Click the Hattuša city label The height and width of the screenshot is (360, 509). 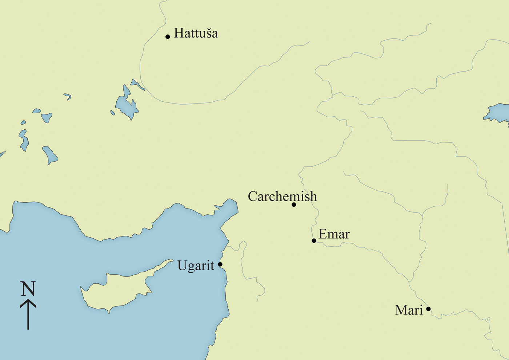point(196,33)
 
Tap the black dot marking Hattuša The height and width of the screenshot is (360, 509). point(168,37)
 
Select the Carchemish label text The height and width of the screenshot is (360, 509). point(282,197)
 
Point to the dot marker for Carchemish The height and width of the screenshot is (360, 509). point(294,205)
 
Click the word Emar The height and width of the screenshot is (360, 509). point(334,234)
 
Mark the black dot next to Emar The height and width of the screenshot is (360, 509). point(314,240)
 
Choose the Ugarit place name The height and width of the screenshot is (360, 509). point(196,266)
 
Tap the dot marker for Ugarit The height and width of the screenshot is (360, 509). point(220,264)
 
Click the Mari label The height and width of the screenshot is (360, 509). point(409,310)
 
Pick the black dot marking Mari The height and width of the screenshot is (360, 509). point(428,309)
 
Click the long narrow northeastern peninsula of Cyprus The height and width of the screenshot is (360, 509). point(160,267)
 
